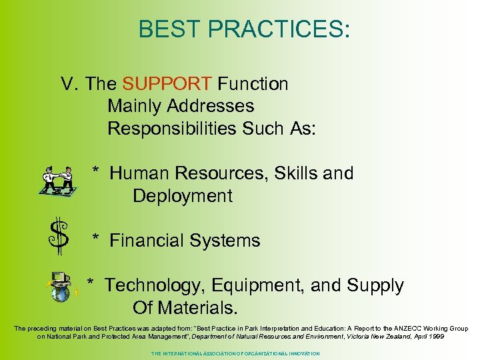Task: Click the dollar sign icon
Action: pos(59,236)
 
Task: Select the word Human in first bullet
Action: pos(139,173)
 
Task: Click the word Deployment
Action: pos(183,196)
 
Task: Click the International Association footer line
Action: pos(235,353)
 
